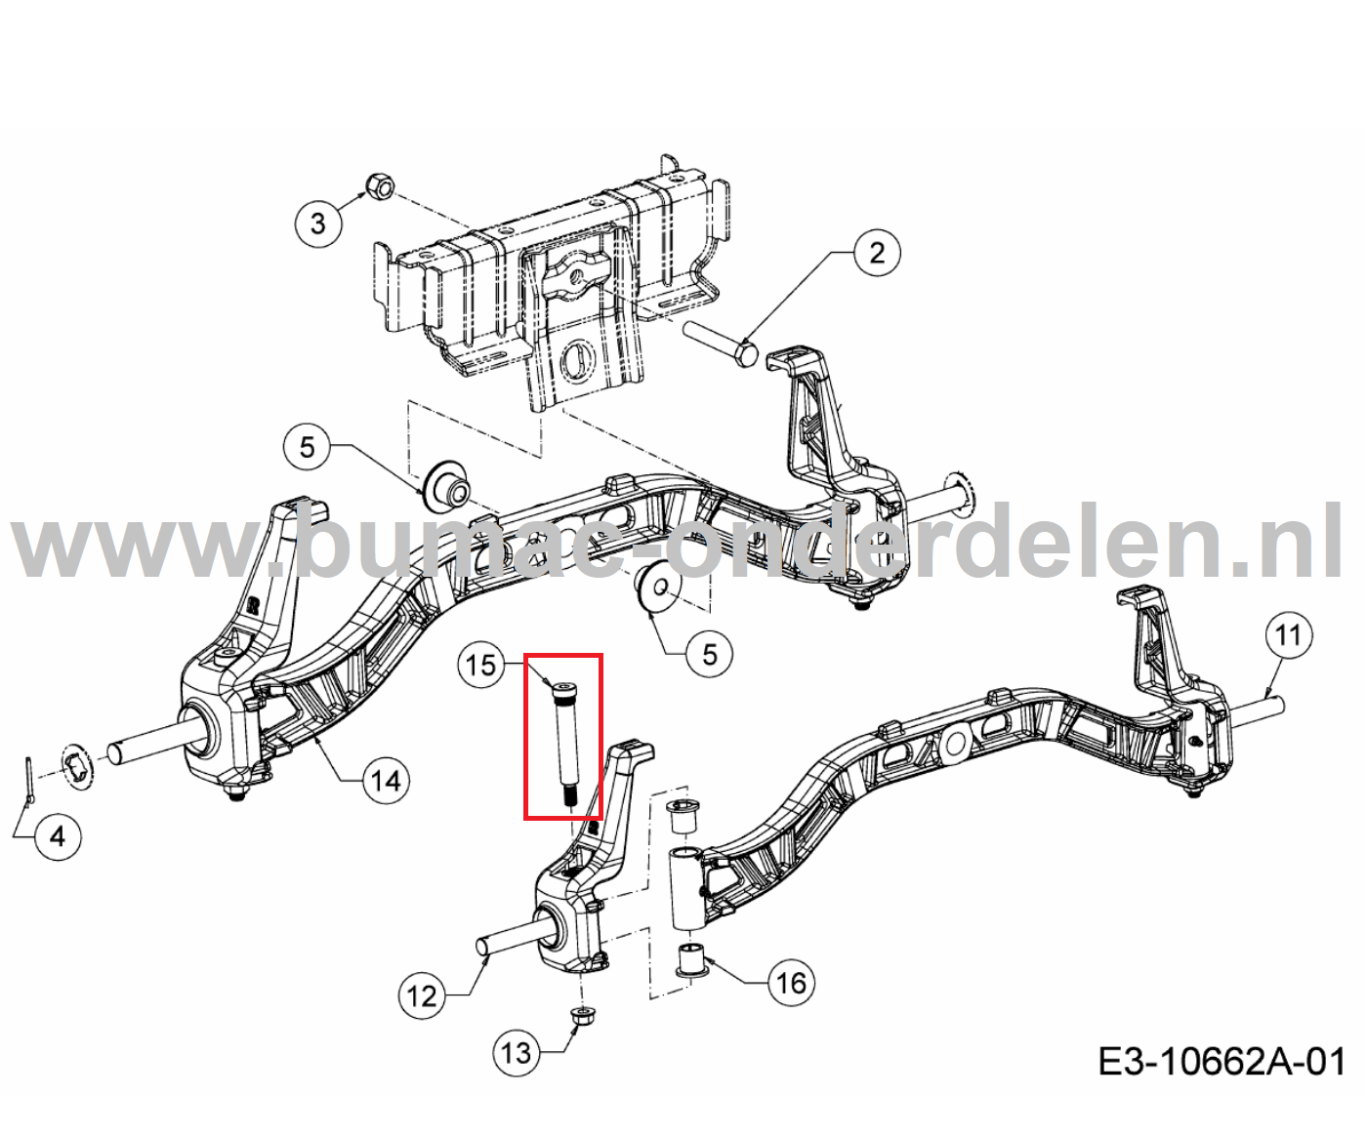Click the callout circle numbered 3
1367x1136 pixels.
[x=318, y=223]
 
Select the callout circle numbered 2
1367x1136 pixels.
[x=876, y=253]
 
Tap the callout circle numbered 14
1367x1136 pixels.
[x=386, y=781]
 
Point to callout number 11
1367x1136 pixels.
[x=1288, y=635]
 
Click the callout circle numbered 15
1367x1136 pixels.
[x=481, y=666]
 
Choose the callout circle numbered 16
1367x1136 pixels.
[x=790, y=982]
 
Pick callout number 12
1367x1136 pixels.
[x=422, y=995]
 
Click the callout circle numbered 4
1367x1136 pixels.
[x=58, y=836]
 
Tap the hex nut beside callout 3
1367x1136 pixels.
[x=379, y=184]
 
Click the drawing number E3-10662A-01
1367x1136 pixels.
[x=1222, y=1061]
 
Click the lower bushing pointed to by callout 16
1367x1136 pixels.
[x=692, y=958]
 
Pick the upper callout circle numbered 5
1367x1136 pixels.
[x=307, y=447]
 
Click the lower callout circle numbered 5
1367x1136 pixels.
[x=709, y=653]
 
